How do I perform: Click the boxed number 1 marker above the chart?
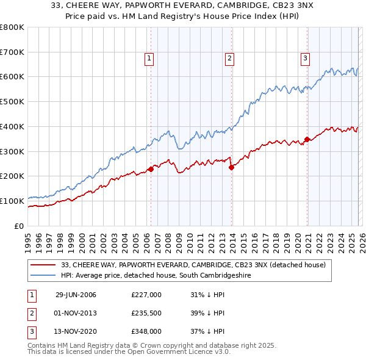click(x=149, y=59)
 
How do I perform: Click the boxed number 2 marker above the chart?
click(x=229, y=59)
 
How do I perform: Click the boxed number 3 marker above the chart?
click(x=305, y=59)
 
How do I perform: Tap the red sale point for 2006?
click(x=151, y=169)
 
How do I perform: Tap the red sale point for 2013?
click(x=231, y=167)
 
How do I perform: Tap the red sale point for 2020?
click(x=307, y=139)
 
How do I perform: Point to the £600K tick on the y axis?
click(x=12, y=77)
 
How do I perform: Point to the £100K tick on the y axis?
click(x=12, y=201)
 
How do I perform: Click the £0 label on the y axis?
click(x=19, y=226)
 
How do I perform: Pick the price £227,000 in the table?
click(x=146, y=295)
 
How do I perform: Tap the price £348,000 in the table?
click(x=146, y=331)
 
